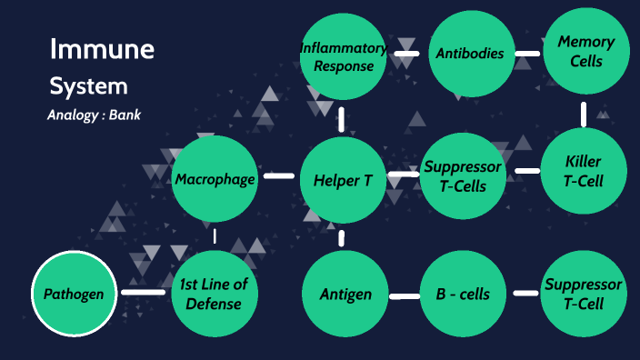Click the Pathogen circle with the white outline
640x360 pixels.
pos(75,294)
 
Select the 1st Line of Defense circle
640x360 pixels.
pos(215,294)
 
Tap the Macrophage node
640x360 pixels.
pos(215,179)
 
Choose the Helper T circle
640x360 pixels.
pos(343,179)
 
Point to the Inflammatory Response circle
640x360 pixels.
pos(343,56)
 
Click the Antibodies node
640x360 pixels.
pos(470,54)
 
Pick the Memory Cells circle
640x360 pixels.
pos(585,52)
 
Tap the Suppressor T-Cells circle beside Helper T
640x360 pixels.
pos(463,176)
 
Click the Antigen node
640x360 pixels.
pos(345,294)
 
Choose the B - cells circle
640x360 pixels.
pos(463,294)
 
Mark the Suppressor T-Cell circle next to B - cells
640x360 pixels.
pos(583,294)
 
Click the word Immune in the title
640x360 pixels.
pos(102,50)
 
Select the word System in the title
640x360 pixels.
pos(88,87)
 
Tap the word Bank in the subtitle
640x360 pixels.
pos(125,116)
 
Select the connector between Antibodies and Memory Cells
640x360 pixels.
pos(526,54)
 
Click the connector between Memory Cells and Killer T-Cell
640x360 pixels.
pos(583,113)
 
